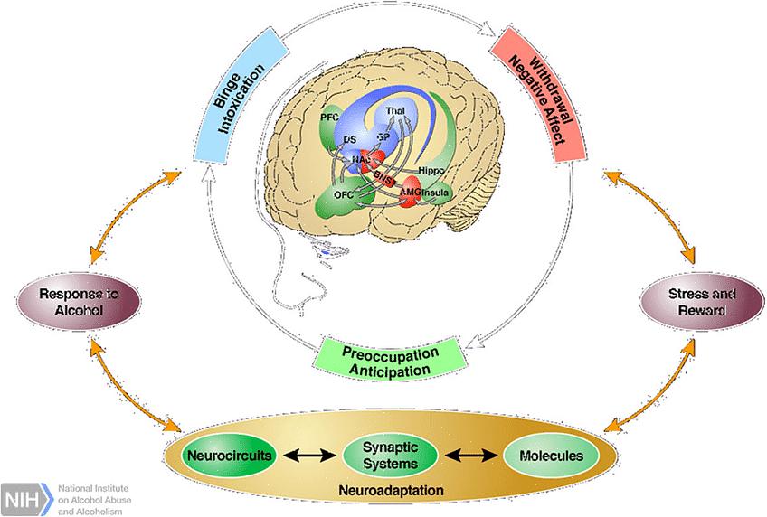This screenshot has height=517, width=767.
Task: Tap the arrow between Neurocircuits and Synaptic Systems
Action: pyautogui.click(x=311, y=455)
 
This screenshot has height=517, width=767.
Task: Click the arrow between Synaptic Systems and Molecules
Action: pyautogui.click(x=472, y=455)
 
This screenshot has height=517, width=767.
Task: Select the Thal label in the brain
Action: pyautogui.click(x=396, y=111)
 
